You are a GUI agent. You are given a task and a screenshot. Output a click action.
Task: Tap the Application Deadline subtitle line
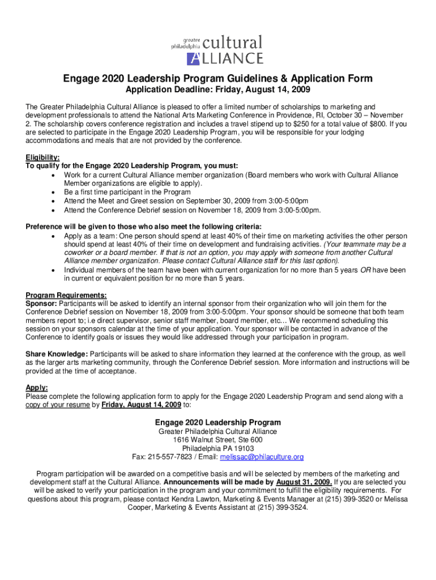(217, 91)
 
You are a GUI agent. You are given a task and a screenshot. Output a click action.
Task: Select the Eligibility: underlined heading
(42, 157)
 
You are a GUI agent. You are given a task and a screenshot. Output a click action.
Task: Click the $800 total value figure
(377, 123)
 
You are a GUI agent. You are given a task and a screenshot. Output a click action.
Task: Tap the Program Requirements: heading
(66, 295)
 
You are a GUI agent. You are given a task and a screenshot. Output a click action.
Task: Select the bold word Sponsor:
(40, 304)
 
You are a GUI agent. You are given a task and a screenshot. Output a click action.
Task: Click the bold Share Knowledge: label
(55, 355)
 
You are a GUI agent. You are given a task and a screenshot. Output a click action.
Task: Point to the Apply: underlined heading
(37, 388)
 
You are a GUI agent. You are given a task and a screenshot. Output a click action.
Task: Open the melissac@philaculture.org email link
(262, 457)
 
